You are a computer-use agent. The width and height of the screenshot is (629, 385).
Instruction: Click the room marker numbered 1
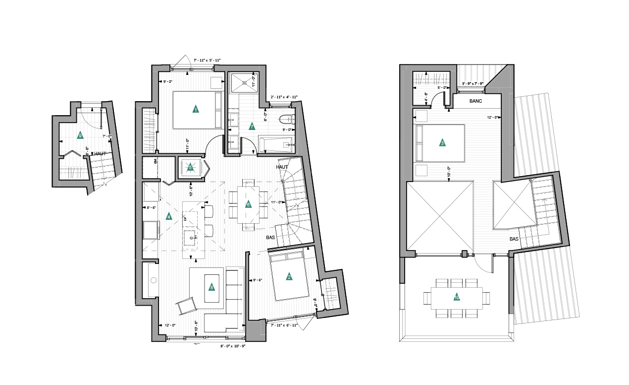point(196,109)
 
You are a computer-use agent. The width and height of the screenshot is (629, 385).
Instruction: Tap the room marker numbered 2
point(289,277)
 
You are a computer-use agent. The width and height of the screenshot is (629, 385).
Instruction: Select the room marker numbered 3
point(442,143)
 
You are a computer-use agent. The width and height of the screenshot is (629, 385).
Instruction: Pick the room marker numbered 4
point(169,216)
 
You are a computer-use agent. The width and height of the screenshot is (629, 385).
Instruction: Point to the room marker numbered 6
point(249,204)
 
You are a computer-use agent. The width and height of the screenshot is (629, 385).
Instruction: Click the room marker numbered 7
point(252,127)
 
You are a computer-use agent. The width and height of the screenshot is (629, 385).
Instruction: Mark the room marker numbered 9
point(80,135)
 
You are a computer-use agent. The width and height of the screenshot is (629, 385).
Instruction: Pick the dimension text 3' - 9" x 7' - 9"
point(473,83)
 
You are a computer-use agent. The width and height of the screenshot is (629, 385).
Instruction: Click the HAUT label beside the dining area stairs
point(282,167)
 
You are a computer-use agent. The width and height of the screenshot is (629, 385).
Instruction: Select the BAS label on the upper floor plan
point(515,239)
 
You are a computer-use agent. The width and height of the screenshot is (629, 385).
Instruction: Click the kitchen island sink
point(191,237)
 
